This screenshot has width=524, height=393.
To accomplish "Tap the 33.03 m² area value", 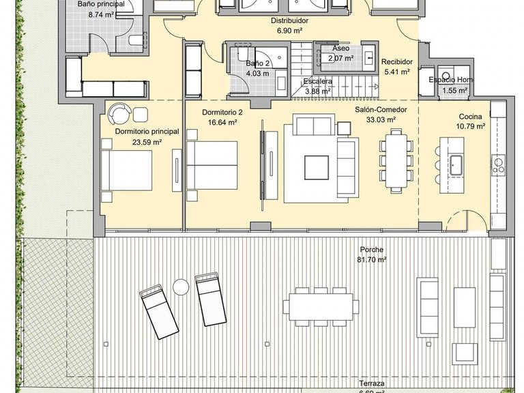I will point(375,119).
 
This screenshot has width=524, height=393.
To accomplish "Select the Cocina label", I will point(471,116).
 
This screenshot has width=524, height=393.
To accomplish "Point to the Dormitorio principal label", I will point(147,132).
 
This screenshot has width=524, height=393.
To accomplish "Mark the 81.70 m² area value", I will point(371,260).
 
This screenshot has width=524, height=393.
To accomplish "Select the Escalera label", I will point(318,81).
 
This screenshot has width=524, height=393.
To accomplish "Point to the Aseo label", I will point(340,49).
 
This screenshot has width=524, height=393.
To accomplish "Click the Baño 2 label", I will point(258,63).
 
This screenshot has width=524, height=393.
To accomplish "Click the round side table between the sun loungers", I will point(180,287).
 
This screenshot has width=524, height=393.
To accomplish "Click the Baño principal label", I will point(101,3).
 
